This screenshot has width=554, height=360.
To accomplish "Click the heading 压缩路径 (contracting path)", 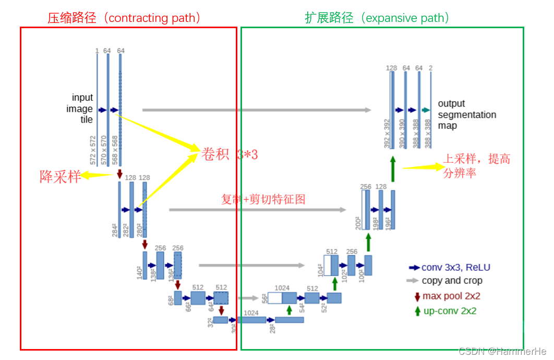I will (124, 18).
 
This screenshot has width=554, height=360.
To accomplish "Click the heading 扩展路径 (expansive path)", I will (377, 18).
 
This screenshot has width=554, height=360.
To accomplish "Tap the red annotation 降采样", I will (60, 177).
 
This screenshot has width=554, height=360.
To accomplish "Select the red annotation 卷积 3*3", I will (230, 154).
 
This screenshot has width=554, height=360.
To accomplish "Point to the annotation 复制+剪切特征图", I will (263, 199).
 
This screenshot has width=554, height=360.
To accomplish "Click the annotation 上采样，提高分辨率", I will (476, 166).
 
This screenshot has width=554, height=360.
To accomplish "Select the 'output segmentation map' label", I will (466, 114).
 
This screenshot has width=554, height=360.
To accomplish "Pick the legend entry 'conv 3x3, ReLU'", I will (455, 268).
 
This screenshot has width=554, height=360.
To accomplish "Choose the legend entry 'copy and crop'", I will (452, 281).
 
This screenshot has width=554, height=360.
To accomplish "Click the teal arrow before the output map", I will (426, 110).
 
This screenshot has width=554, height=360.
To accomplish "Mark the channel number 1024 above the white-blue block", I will (282, 288).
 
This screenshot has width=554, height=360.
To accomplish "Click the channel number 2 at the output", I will (430, 68).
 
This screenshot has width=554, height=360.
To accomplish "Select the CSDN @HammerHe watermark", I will (502, 351).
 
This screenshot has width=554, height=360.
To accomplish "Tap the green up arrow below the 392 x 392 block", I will (392, 168).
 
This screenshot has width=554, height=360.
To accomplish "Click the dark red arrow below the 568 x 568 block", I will (119, 173).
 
